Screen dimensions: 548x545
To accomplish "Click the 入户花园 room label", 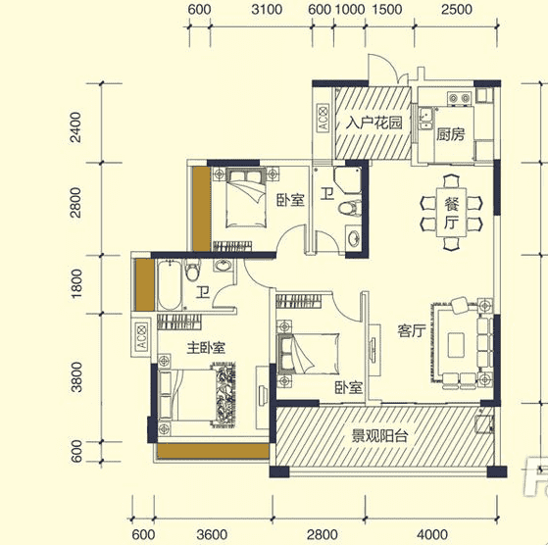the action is (x=374, y=123).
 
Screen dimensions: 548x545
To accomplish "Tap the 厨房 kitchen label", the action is (x=451, y=134).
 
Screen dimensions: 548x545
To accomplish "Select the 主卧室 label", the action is (x=206, y=348).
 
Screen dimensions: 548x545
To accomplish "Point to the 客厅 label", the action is (x=412, y=330).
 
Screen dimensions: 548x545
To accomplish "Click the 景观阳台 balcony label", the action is (x=379, y=435).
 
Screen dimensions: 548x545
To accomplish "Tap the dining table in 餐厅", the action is (x=451, y=213).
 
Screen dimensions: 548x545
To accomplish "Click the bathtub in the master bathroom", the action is (x=170, y=285).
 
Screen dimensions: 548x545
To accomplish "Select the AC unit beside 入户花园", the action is (x=323, y=118).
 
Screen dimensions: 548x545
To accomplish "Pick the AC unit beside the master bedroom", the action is (x=141, y=336).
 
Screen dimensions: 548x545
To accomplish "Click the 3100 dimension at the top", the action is (x=267, y=10).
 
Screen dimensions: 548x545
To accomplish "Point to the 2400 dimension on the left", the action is (x=75, y=127).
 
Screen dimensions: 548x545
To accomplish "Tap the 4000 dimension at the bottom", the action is (x=432, y=534).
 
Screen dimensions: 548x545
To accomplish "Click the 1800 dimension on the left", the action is (x=75, y=283).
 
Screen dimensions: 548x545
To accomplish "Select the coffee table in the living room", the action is (x=456, y=345).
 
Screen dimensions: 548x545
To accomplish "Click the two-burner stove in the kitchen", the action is (x=460, y=98).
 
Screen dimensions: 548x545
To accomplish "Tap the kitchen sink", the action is (x=426, y=119).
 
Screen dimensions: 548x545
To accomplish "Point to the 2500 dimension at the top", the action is (x=457, y=10).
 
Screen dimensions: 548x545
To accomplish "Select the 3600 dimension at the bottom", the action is (x=212, y=534).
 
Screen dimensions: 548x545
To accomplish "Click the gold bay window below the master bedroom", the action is (x=213, y=451).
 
